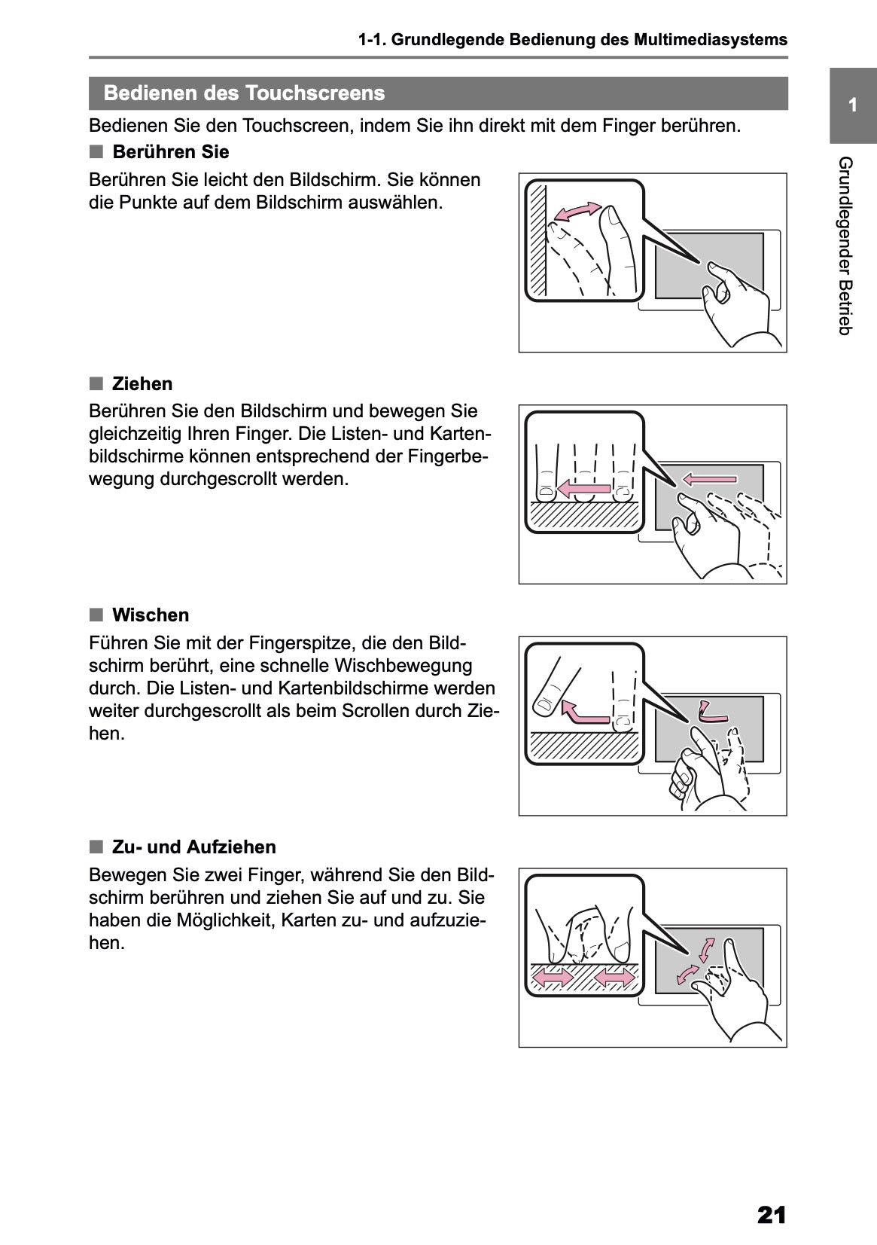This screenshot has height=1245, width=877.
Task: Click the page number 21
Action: click(x=772, y=1215)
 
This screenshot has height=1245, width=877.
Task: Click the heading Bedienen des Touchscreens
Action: click(x=244, y=93)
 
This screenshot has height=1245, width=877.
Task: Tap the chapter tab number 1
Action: click(x=852, y=105)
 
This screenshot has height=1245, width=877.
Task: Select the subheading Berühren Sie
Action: click(x=170, y=152)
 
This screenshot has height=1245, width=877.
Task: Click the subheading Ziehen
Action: click(x=142, y=384)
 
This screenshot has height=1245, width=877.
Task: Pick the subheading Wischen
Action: click(x=150, y=615)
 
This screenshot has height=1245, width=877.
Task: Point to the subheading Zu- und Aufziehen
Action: click(x=193, y=847)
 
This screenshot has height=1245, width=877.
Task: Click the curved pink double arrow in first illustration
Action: click(x=577, y=212)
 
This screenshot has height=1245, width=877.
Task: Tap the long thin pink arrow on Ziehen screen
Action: click(x=710, y=478)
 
